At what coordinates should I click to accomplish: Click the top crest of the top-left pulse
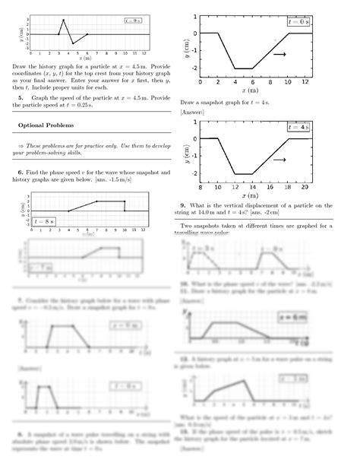[x=63, y=20]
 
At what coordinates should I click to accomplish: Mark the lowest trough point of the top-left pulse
[x=73, y=43]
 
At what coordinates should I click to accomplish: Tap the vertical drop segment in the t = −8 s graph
[x=125, y=206]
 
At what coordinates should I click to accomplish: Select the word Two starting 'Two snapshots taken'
[x=188, y=226]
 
